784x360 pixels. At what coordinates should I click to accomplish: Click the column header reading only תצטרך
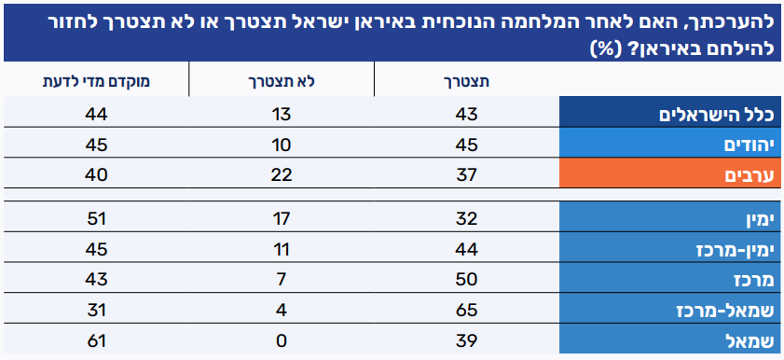[466, 82]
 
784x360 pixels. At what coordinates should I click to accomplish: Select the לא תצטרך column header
[282, 82]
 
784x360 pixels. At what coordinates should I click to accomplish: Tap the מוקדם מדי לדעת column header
[96, 82]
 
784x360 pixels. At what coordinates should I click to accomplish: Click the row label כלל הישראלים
[717, 115]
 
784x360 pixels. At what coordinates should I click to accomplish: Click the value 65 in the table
[466, 311]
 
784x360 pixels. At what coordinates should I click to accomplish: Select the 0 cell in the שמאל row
[282, 341]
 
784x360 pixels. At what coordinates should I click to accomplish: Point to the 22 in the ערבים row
[282, 175]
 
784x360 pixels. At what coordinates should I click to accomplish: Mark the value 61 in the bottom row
[96, 341]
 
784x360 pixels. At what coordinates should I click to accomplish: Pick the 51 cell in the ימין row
[96, 218]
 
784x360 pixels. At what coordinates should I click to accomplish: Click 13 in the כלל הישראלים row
[282, 115]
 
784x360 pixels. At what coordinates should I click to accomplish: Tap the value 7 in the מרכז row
[282, 280]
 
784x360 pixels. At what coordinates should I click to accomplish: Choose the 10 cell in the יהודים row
[282, 145]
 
